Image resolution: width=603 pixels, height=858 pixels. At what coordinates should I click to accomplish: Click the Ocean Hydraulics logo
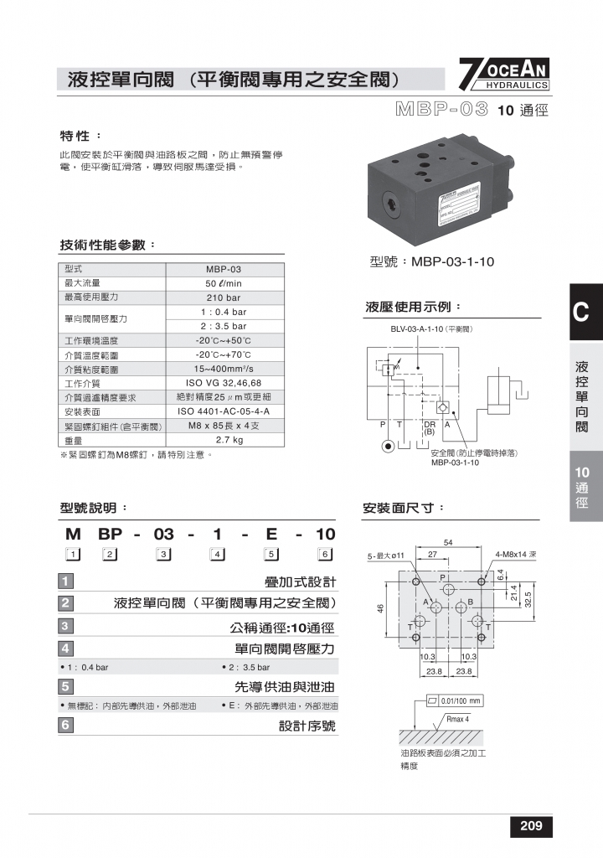click(x=504, y=75)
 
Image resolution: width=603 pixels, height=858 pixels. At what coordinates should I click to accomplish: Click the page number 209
click(x=531, y=826)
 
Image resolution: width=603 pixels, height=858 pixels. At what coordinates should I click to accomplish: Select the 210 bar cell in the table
click(x=224, y=297)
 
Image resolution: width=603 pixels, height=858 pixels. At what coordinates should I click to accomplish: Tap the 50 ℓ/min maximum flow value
click(x=224, y=283)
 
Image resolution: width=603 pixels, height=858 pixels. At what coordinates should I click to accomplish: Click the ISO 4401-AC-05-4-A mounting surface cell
click(x=224, y=411)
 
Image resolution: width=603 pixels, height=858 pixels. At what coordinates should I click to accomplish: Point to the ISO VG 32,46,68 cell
click(x=224, y=383)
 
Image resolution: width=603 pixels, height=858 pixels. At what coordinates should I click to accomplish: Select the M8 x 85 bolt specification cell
click(x=224, y=426)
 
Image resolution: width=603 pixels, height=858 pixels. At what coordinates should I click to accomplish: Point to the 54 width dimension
click(x=448, y=543)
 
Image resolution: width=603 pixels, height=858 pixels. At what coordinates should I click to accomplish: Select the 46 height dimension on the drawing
click(x=381, y=609)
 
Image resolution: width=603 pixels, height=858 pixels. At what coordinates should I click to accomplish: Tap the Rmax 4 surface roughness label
click(x=458, y=719)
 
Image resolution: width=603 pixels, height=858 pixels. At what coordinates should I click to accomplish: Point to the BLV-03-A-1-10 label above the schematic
click(x=432, y=329)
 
